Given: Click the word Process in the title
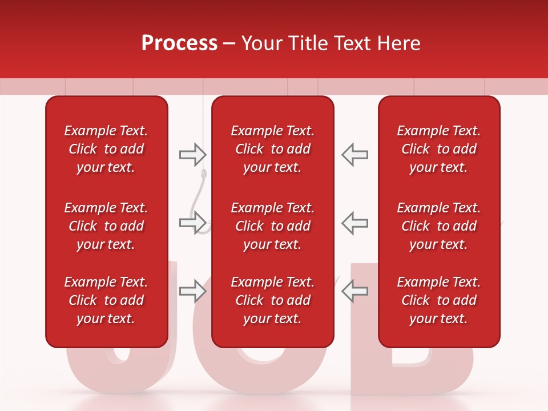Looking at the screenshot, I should coord(179,43).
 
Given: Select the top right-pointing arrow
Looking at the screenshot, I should coord(192,154).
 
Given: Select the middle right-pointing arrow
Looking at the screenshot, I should coord(192,223).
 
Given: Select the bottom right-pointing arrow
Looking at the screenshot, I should coord(192,291).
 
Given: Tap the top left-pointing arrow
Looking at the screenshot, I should coord(354,154).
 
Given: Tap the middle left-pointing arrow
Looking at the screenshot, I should coord(354,223).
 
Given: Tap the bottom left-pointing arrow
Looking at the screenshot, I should coord(354,291).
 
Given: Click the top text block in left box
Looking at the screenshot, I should coord(106,149).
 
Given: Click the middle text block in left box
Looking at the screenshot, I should coord(106,226).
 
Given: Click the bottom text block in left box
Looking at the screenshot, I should coord(106,300).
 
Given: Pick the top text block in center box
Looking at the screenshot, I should coord(273,149).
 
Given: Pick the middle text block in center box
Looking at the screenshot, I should coord(273,226).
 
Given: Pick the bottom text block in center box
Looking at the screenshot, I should coord(273,300).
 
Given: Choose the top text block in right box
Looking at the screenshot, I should coord(439,149).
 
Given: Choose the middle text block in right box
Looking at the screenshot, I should coord(439,226).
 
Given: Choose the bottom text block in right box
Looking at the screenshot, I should coord(439,300).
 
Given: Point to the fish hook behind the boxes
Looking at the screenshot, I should coord(202,194).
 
